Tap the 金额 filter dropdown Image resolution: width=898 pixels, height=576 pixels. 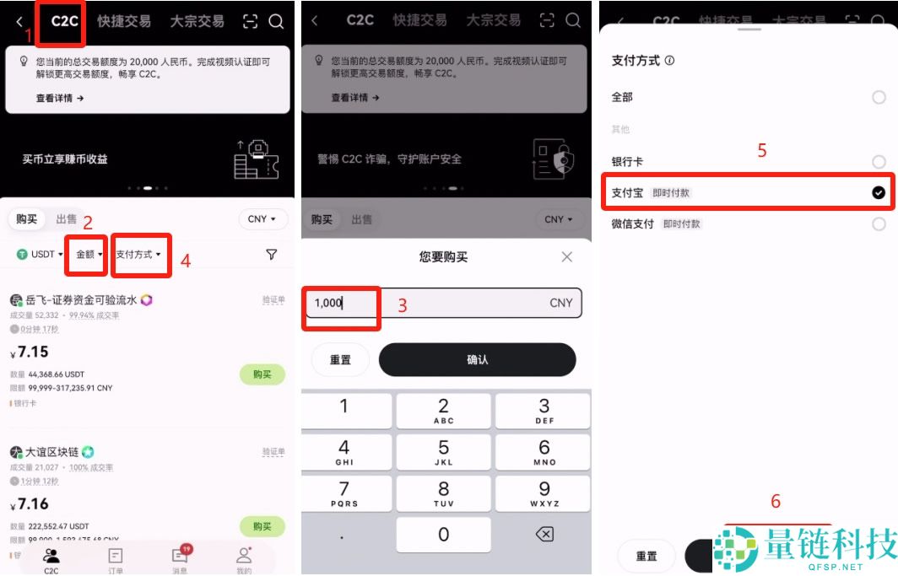pos(89,254)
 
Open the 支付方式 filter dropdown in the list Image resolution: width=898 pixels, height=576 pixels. pos(138,254)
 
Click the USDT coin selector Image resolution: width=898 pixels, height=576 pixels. pos(36,254)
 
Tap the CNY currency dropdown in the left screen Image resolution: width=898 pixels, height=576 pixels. pos(262,219)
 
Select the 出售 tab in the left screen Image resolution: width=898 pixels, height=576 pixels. pos(67,219)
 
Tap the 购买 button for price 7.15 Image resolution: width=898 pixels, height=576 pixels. pos(262,374)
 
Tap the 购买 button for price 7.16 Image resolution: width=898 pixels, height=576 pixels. pos(262,526)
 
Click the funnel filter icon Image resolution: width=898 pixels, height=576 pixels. pos(271,254)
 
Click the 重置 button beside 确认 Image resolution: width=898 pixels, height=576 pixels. pos(340,359)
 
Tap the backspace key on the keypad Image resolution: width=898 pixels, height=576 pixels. pos(544,534)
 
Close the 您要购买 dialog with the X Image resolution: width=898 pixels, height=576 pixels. pos(567,256)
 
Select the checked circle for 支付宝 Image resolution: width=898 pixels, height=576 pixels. pos(879,193)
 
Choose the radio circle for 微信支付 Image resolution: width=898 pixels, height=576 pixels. pos(879,223)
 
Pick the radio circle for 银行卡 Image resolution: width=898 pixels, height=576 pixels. pos(879,161)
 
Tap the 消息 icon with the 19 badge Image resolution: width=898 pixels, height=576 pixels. pos(180,557)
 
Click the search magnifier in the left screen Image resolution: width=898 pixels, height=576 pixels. pos(276,22)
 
